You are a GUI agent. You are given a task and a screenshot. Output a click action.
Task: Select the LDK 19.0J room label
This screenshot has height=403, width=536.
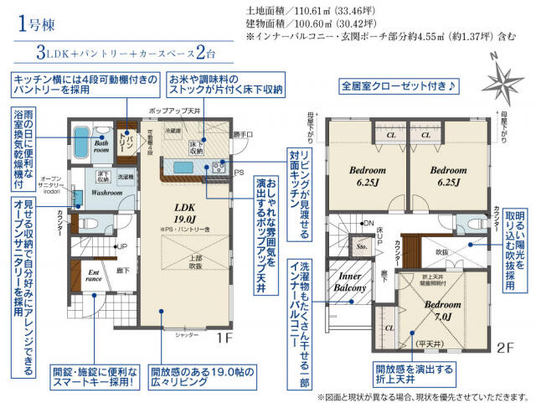[185, 214]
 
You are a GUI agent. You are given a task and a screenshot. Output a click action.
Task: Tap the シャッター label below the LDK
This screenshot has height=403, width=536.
[187, 334]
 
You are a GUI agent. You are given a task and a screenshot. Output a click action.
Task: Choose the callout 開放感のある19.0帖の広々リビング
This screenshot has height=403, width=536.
[200, 376]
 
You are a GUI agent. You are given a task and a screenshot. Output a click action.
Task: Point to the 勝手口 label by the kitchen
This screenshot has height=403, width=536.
[242, 134]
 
